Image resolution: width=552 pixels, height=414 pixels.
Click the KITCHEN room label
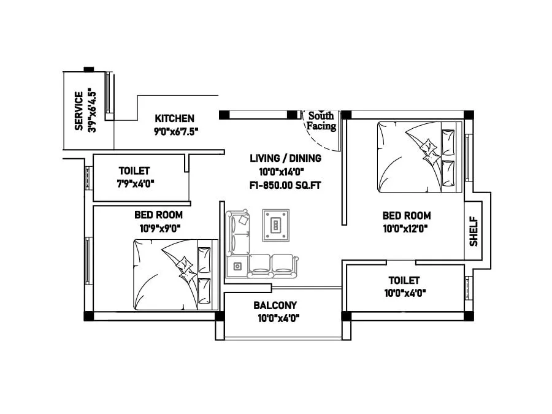pos(174,118)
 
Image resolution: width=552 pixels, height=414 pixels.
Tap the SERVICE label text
pos(79,111)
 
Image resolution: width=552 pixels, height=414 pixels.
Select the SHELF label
pos(473,231)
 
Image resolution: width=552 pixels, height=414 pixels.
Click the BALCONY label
pos(275,305)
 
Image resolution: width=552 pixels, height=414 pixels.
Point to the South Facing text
pos(321,121)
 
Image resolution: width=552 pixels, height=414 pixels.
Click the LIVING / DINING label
pos(285,158)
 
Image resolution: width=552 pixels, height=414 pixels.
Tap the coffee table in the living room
pos(276,224)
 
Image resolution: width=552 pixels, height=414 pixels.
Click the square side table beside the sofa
pos(237,266)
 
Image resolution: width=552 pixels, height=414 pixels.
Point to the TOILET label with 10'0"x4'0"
pos(404,280)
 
